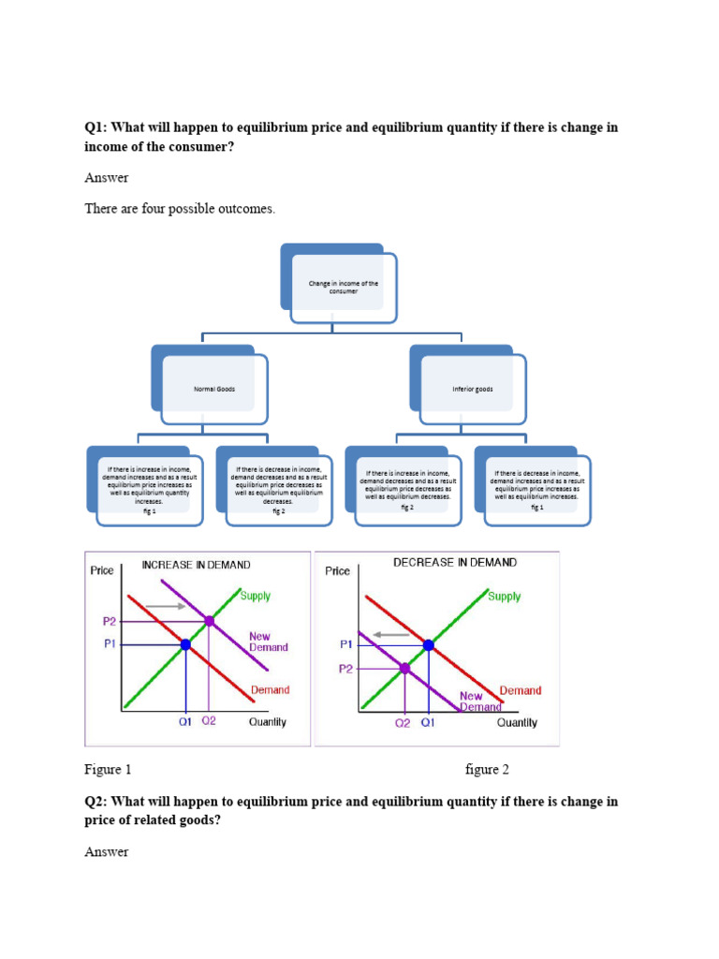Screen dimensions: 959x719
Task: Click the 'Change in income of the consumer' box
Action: click(x=343, y=287)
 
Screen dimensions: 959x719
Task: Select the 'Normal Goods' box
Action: click(x=214, y=388)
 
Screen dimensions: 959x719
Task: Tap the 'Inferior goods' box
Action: click(x=472, y=388)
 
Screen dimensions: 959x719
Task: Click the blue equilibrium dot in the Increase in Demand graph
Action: click(x=185, y=644)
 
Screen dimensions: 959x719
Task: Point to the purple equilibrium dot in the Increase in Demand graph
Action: click(x=209, y=621)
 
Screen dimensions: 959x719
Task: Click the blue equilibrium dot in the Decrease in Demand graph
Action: click(x=429, y=644)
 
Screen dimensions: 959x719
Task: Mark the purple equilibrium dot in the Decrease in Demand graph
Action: click(x=405, y=668)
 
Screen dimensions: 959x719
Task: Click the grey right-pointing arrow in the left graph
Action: click(x=166, y=606)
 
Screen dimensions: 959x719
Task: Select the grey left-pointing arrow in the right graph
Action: click(x=390, y=634)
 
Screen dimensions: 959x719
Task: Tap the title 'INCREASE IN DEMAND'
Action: click(x=196, y=565)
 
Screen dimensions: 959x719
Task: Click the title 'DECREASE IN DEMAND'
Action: click(x=454, y=563)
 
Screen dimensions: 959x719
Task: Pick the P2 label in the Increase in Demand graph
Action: click(x=110, y=621)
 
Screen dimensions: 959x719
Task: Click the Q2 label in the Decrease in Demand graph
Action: click(x=403, y=723)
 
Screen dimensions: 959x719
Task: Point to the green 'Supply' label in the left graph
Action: click(x=256, y=596)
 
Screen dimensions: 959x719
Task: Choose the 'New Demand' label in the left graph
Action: click(x=268, y=642)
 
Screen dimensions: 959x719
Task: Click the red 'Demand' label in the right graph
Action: click(x=521, y=690)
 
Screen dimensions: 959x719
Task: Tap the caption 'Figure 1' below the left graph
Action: click(x=108, y=770)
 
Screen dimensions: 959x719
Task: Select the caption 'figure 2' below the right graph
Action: click(x=487, y=770)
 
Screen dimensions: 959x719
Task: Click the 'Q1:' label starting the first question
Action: click(x=96, y=127)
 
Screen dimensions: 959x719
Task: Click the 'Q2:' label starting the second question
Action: click(x=96, y=802)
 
